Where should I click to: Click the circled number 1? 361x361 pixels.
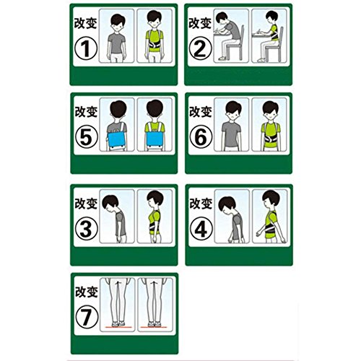[x=86, y=48]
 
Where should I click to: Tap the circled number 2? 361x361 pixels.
[x=201, y=48]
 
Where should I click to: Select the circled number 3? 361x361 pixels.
[x=87, y=229]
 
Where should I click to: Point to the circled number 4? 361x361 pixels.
[x=201, y=229]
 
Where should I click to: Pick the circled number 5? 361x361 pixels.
[x=87, y=137]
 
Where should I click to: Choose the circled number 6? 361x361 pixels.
[x=201, y=137]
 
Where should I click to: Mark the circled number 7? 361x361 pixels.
[x=87, y=317]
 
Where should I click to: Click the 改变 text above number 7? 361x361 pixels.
[x=87, y=292]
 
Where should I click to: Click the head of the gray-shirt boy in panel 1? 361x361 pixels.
[x=118, y=22]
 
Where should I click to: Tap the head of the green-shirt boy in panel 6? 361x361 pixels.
[x=271, y=110]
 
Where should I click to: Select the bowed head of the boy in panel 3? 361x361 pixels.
[x=110, y=203]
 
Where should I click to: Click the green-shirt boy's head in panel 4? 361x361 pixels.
[x=271, y=199]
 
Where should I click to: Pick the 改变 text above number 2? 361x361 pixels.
[x=200, y=23]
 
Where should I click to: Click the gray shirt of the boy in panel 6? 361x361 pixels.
[x=231, y=134]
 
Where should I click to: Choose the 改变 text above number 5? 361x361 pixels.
[x=86, y=112]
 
